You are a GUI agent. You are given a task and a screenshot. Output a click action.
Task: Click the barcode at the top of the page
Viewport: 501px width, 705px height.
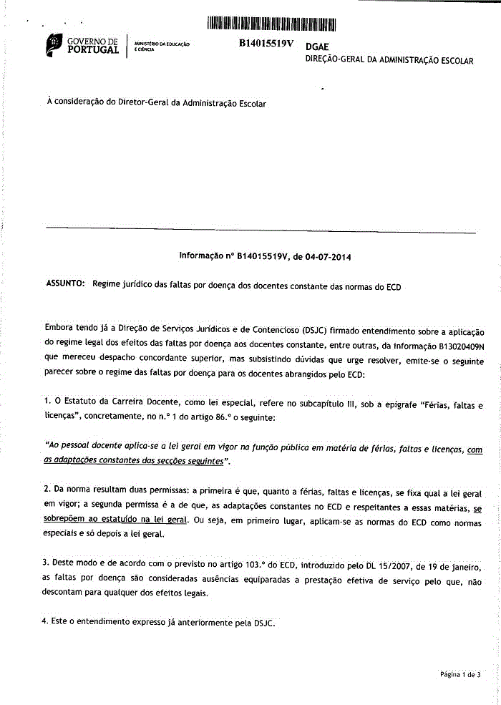tap(271, 23)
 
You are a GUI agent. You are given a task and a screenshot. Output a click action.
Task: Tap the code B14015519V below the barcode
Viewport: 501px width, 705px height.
tap(266, 44)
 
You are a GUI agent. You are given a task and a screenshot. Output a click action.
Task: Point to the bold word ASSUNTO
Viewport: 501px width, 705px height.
tap(65, 284)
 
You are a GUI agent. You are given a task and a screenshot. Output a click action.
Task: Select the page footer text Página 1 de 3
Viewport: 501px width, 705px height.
tap(460, 674)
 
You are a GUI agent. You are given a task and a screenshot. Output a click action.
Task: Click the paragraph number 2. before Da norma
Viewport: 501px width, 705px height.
tap(47, 489)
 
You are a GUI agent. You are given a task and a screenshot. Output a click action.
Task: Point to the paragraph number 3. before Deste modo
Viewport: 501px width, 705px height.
tap(47, 563)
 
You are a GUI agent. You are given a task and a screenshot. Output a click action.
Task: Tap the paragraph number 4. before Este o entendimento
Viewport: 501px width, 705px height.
tap(47, 621)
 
